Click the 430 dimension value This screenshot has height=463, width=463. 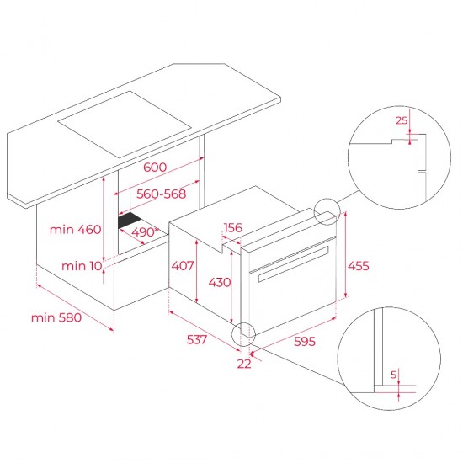coord(219,282)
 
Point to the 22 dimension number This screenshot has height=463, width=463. coord(244,364)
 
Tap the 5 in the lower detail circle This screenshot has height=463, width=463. coord(392,374)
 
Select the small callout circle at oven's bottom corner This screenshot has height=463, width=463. coord(244,334)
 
